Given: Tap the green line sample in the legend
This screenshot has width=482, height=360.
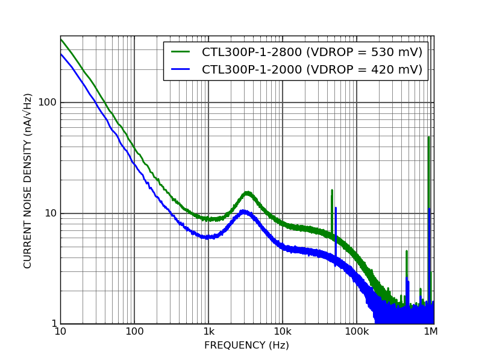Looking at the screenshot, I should (181, 52).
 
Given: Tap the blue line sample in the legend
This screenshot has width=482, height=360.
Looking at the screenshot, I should (181, 69).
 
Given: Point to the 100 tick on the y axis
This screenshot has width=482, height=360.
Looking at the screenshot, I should (48, 102).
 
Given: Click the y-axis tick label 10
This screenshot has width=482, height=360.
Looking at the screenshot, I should (50, 213).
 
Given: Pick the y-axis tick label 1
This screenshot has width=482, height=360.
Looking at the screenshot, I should (53, 324).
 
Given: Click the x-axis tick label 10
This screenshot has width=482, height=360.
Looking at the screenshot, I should (60, 332).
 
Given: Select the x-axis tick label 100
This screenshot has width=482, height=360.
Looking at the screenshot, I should (134, 332).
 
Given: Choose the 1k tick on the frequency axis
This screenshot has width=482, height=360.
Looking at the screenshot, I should (208, 332).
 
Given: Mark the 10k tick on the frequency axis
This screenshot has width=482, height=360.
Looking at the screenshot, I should (283, 332).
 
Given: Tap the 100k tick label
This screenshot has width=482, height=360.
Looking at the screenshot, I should (357, 332).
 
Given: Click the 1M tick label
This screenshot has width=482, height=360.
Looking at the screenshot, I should (430, 332).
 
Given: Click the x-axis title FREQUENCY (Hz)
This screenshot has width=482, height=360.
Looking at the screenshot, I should (246, 346).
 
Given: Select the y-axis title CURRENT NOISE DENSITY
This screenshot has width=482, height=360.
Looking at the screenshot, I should (28, 180).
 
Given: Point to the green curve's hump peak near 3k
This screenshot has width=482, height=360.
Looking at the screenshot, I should (247, 193).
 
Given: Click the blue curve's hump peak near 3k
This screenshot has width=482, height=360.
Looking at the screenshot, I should (244, 211).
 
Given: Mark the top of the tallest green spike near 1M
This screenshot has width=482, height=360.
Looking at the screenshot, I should (428, 137).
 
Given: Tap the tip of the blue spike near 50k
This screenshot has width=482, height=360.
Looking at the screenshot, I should (336, 208).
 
